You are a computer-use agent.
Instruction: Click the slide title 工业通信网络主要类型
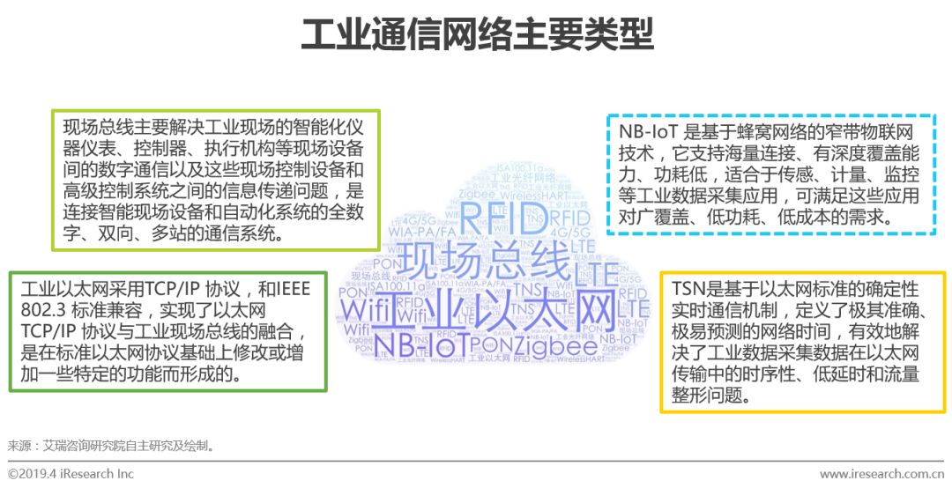tap(477, 34)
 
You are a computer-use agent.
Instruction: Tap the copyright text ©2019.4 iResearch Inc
tap(71, 474)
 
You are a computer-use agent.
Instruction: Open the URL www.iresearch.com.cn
tap(881, 474)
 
